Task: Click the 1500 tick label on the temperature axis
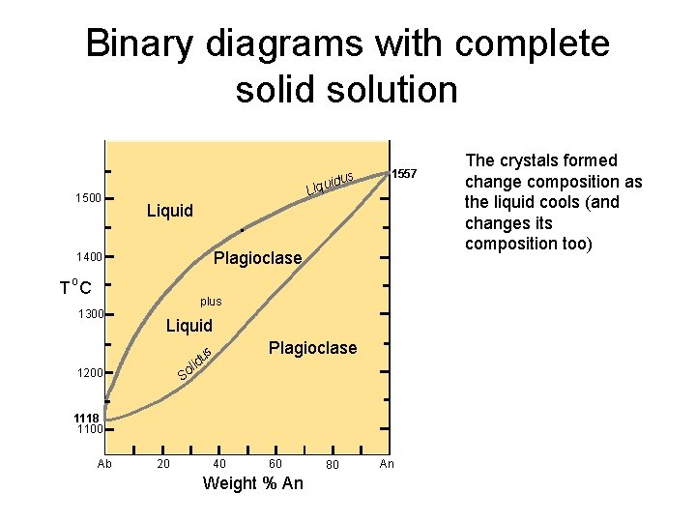click(88, 198)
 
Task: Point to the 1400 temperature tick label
click(88, 258)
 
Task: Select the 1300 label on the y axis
click(88, 314)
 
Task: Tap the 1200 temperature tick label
click(88, 373)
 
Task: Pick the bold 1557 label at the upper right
click(404, 174)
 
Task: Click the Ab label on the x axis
click(105, 464)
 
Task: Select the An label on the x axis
click(387, 464)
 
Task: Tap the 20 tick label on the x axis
click(163, 464)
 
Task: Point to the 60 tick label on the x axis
click(275, 464)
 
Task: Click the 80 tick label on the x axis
click(333, 466)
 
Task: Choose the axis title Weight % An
click(252, 483)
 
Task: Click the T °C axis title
click(75, 286)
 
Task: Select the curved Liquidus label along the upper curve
click(329, 181)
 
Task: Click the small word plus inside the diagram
click(211, 302)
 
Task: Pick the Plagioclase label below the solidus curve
click(312, 348)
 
